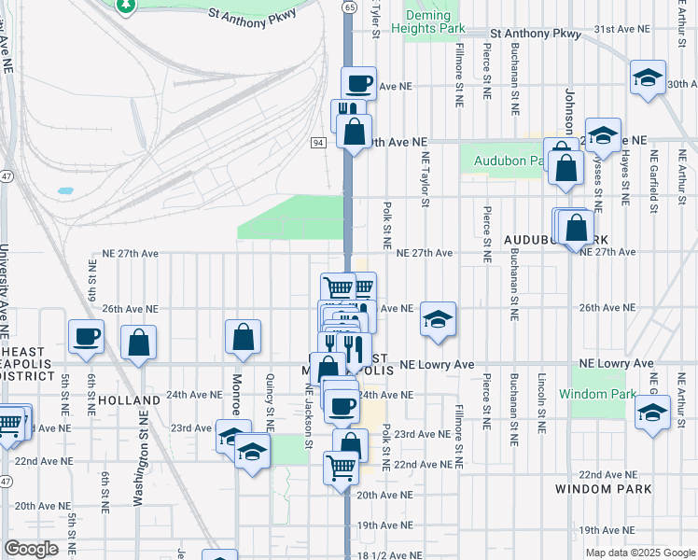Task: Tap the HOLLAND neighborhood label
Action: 129,399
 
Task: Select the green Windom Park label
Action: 596,394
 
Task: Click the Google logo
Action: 31,549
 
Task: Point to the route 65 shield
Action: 348,7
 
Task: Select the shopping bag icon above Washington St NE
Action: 139,342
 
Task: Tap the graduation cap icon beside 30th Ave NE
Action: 647,77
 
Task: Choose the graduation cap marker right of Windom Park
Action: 652,412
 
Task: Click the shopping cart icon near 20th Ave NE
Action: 341,466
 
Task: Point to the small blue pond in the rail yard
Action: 64,190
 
